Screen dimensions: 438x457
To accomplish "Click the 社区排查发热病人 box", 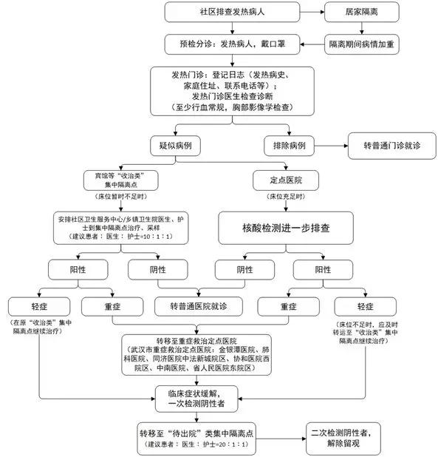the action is click(x=232, y=12).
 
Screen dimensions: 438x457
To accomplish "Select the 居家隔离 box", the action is click(x=361, y=12).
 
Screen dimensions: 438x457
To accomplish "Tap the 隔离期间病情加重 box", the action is click(x=361, y=44).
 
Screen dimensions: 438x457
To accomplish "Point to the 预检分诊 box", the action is click(x=232, y=44).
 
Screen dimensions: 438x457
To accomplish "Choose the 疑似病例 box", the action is click(x=175, y=146).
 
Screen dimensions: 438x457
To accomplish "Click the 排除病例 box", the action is click(x=289, y=146).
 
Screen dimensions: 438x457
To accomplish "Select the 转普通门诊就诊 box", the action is click(x=391, y=146).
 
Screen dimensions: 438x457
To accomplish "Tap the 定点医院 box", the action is click(x=286, y=180).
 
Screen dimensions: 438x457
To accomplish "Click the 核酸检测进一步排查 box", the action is click(x=286, y=228).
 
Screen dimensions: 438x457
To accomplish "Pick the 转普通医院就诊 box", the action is click(x=199, y=306).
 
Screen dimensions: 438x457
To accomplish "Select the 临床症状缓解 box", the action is click(x=196, y=399).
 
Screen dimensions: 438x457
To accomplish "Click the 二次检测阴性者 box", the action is click(x=343, y=439).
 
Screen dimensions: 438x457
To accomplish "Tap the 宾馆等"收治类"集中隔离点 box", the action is click(x=121, y=180).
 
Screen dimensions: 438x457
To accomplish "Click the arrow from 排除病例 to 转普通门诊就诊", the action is click(x=331, y=146).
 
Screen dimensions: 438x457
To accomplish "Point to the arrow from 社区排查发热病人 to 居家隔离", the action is click(x=312, y=12).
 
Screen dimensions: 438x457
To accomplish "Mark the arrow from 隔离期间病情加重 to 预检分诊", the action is click(x=312, y=44).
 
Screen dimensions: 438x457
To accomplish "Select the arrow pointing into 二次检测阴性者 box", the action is click(x=281, y=439).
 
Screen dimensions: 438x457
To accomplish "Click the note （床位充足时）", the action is click(x=286, y=197).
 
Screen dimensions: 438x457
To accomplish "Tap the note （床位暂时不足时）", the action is click(x=121, y=197).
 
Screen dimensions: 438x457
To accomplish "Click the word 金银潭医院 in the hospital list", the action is click(x=236, y=350).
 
